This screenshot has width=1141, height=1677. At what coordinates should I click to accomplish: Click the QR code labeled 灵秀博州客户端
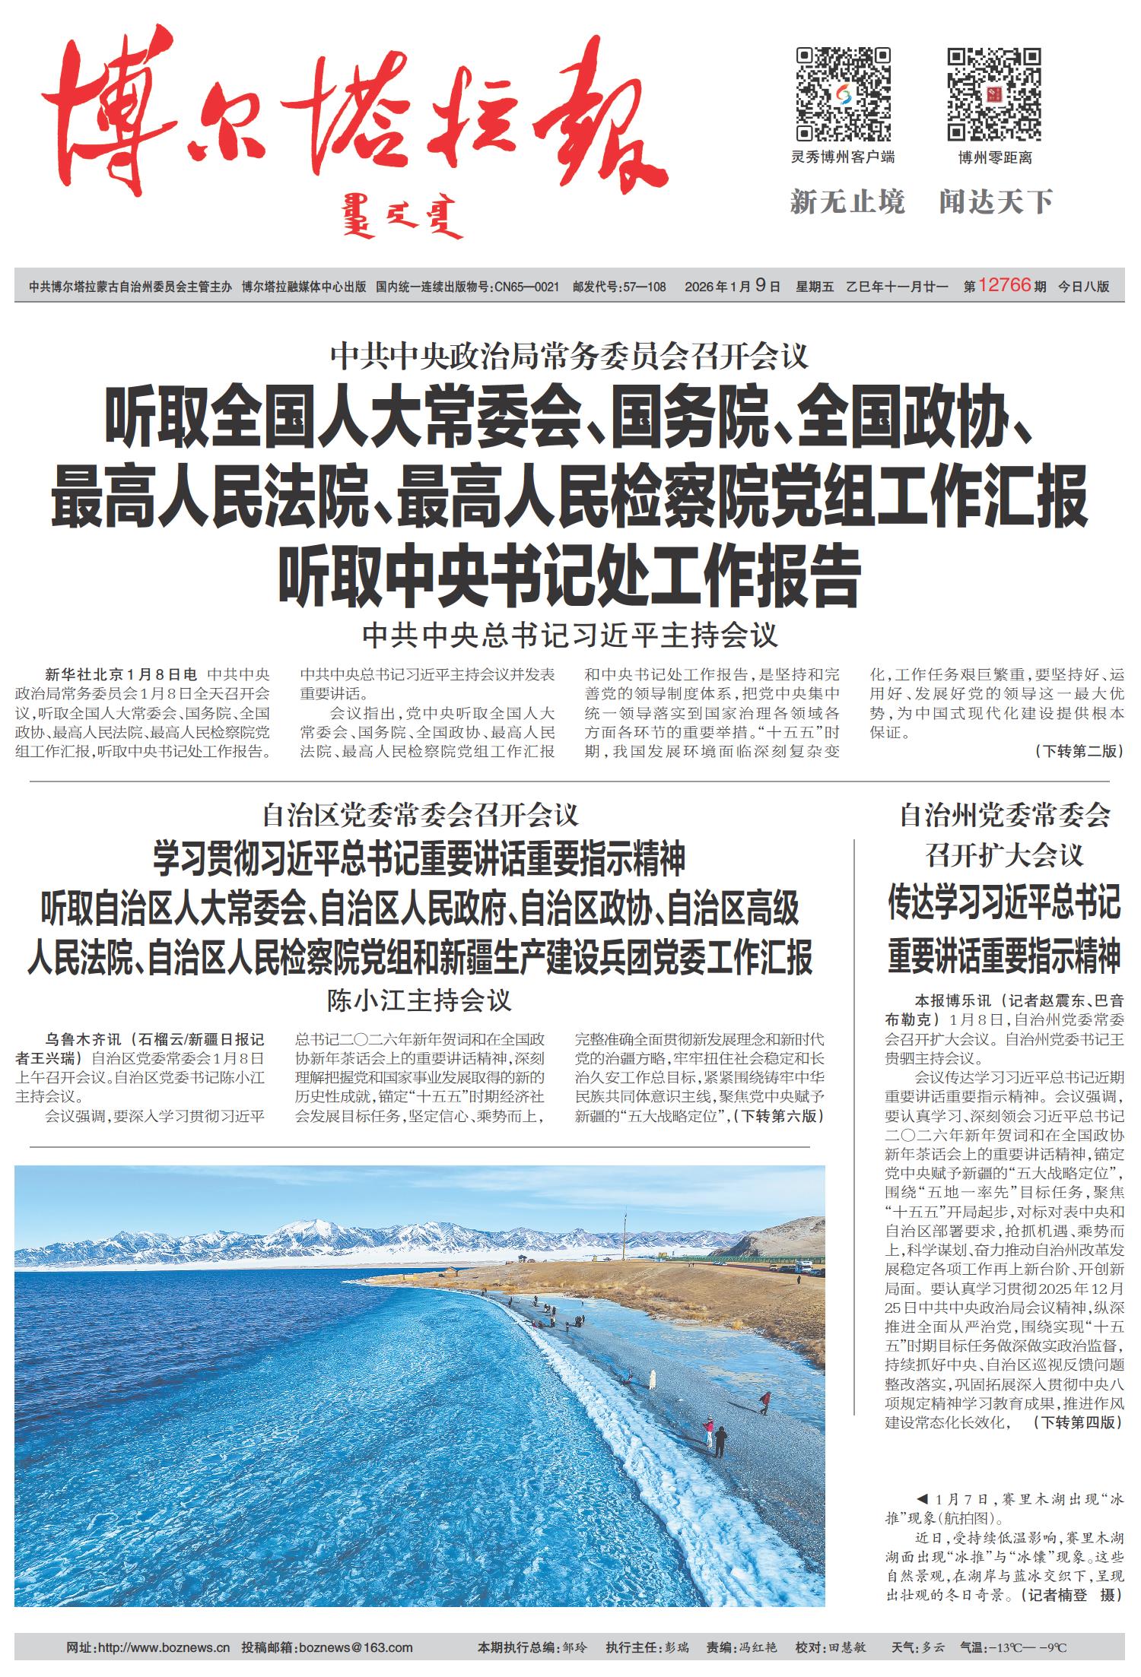click(843, 94)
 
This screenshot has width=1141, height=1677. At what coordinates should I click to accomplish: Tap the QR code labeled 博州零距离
click(994, 94)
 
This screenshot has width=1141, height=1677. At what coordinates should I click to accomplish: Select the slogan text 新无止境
click(847, 202)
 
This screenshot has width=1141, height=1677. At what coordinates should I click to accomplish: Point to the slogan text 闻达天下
click(996, 202)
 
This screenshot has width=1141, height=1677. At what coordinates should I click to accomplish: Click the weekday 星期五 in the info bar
click(815, 287)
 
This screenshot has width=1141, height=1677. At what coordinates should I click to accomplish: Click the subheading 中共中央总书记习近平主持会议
click(570, 636)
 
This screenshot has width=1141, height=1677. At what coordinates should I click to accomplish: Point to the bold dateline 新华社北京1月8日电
click(121, 674)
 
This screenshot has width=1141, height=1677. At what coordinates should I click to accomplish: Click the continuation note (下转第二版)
click(1078, 751)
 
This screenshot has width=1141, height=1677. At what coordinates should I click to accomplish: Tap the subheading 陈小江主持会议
click(420, 1000)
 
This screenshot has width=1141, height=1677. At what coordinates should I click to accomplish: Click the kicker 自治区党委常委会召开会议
click(420, 816)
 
